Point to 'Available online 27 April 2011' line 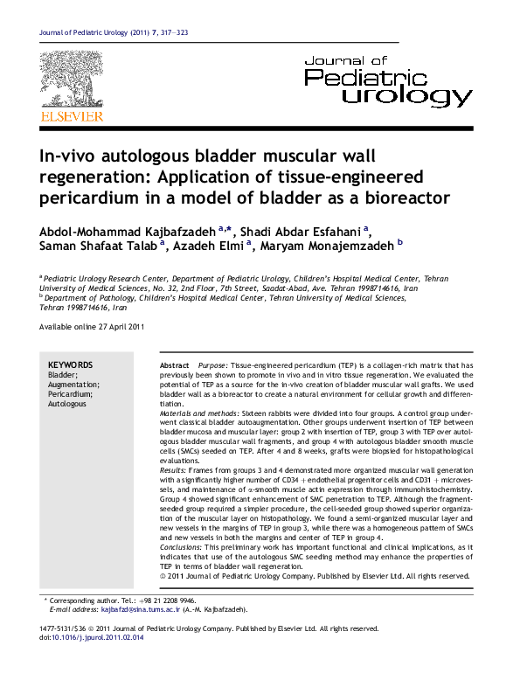[92, 326]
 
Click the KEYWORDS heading [70, 364]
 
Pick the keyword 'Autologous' [67, 405]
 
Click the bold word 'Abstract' [174, 364]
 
